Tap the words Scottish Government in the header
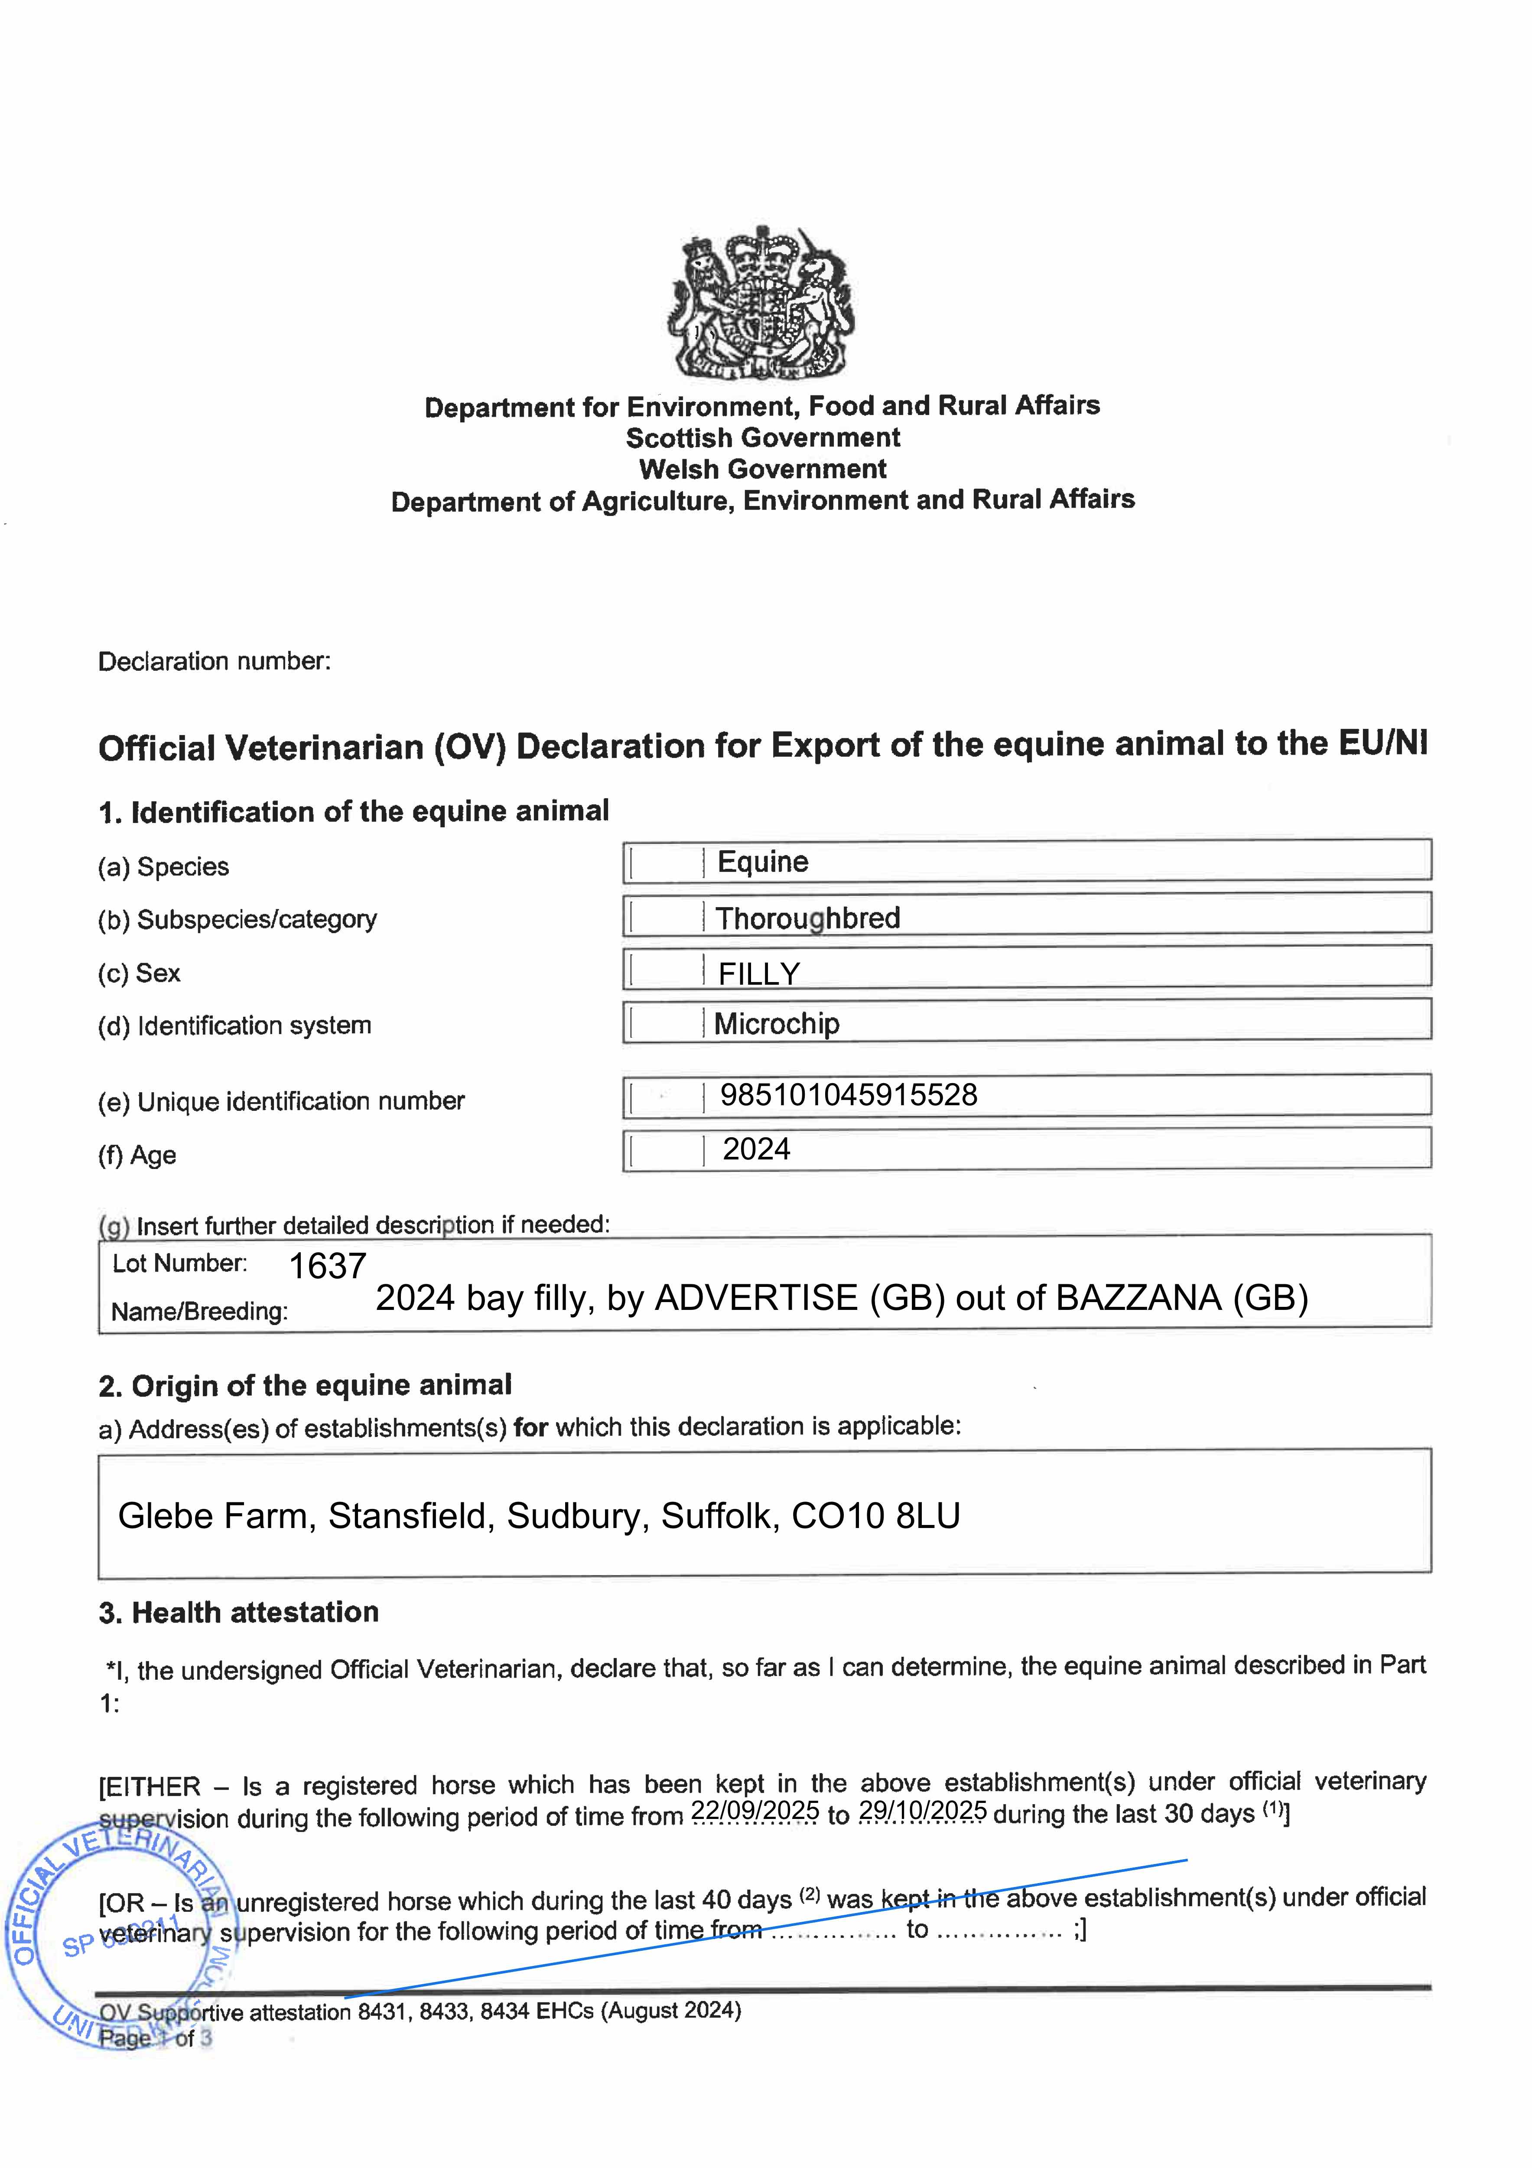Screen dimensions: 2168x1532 pos(763,438)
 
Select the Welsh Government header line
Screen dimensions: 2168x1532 pos(763,469)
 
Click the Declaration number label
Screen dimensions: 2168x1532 pos(214,661)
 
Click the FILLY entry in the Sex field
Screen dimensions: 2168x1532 pos(759,973)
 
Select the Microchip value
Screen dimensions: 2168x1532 pos(776,1024)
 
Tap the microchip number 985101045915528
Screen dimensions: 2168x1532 pos(849,1095)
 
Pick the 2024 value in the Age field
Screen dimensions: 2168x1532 pos(756,1149)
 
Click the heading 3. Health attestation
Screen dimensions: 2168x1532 pos(239,1613)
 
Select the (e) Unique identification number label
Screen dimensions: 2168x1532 pos(281,1102)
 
